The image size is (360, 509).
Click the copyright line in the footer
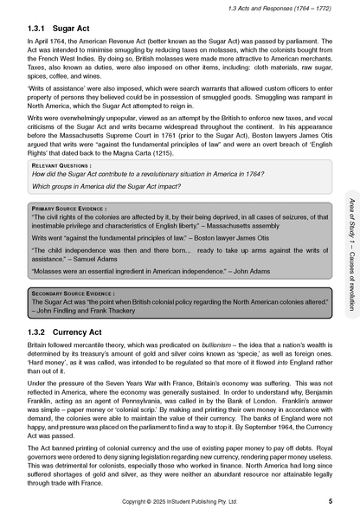180,501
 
